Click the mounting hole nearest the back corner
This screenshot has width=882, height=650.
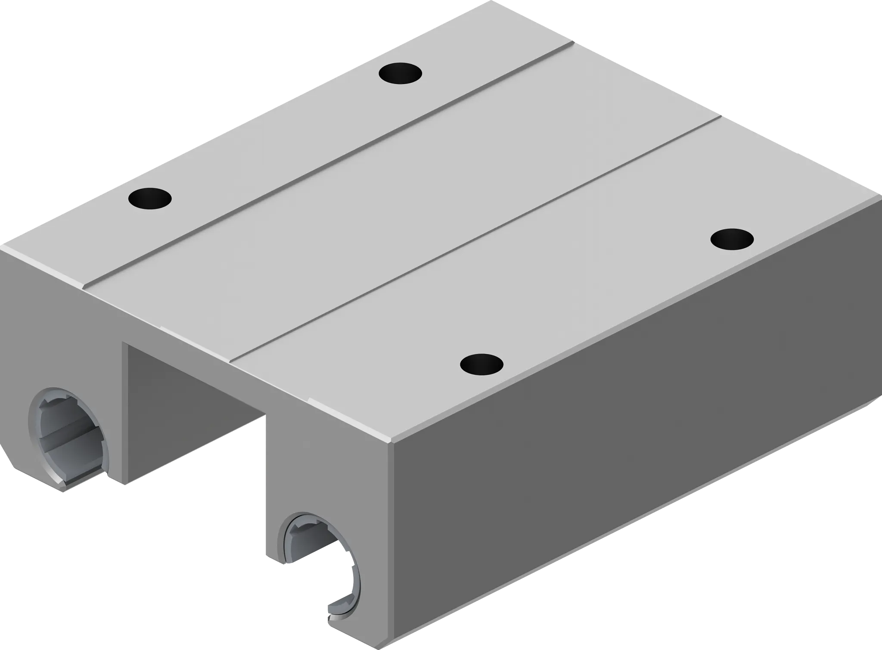pos(400,73)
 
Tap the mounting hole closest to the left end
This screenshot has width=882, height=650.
pos(150,198)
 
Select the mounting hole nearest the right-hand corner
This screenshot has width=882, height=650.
pos(732,238)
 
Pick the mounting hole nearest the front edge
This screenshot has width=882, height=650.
pos(481,364)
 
